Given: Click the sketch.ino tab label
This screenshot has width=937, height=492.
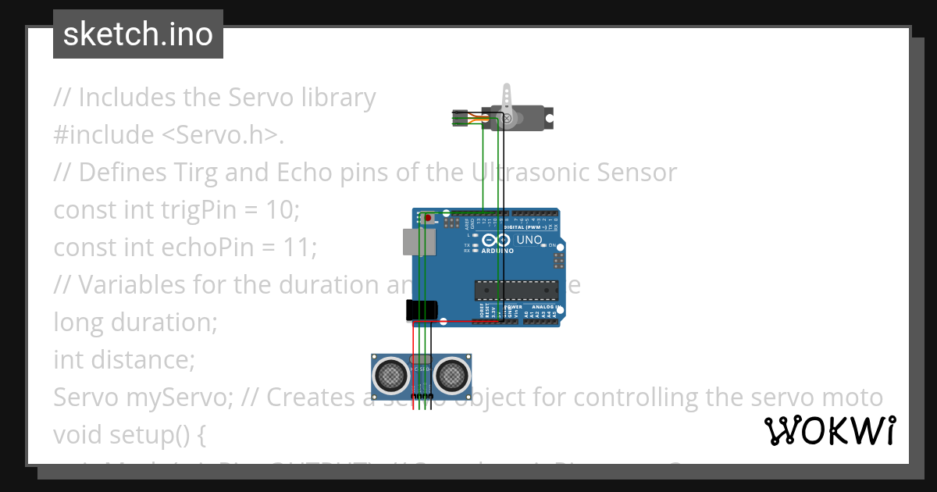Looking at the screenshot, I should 137,34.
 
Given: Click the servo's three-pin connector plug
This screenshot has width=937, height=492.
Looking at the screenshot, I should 461,119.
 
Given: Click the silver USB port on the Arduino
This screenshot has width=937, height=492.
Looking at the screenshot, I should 418,241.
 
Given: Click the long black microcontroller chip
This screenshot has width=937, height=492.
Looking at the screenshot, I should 516,290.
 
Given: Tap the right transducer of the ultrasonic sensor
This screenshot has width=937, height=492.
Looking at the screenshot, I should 452,376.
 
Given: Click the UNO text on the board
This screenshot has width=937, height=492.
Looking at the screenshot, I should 529,240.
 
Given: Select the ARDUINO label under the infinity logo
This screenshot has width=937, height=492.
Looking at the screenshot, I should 497,251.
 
